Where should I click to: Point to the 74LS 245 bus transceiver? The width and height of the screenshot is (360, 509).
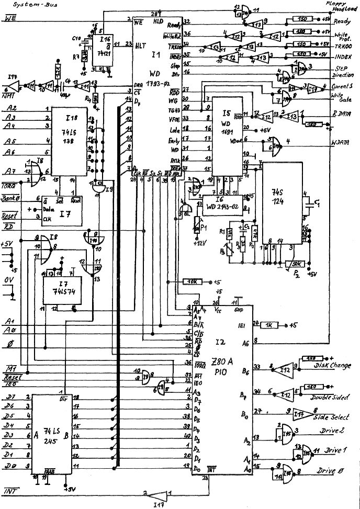50,433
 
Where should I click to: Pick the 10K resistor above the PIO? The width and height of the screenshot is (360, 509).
192,282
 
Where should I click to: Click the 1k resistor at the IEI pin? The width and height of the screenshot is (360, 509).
272,324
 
